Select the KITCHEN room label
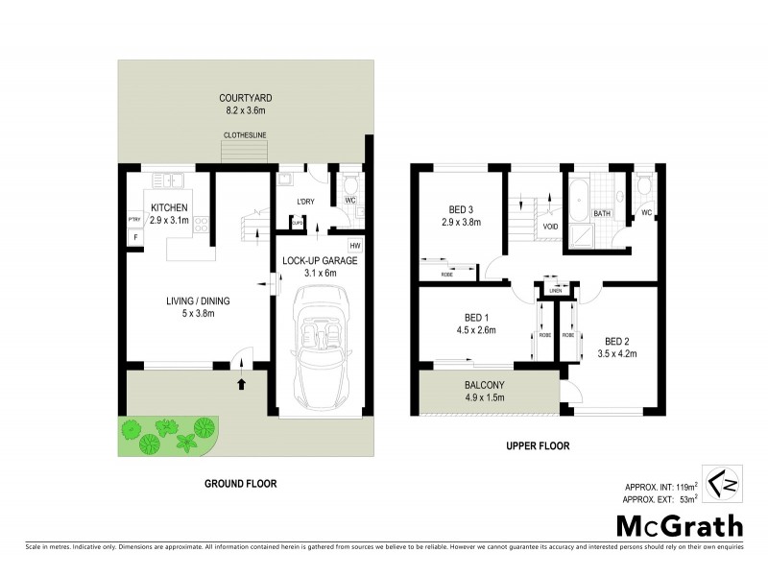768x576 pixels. pyautogui.click(x=168, y=207)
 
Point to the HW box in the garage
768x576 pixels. pyautogui.click(x=353, y=245)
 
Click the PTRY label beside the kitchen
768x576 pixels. pyautogui.click(x=134, y=221)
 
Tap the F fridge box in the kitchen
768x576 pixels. pyautogui.click(x=134, y=236)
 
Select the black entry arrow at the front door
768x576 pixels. pyautogui.click(x=240, y=384)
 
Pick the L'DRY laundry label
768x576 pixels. pyautogui.click(x=305, y=201)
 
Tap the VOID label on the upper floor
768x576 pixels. pyautogui.click(x=550, y=228)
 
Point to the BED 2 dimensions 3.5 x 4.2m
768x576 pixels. pyautogui.click(x=621, y=353)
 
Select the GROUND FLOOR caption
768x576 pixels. pyautogui.click(x=240, y=484)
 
